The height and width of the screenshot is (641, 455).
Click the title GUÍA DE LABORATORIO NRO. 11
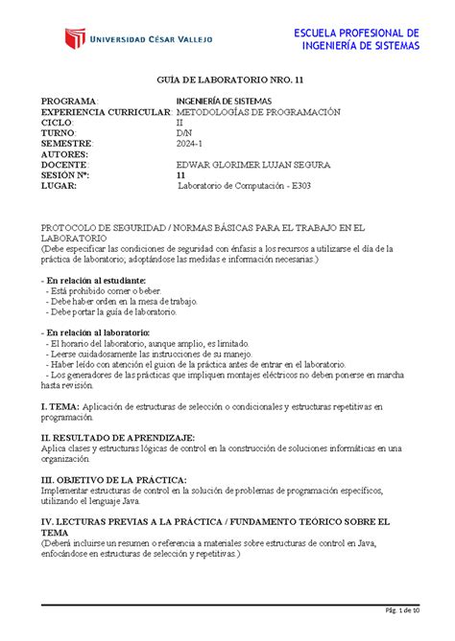[227, 82]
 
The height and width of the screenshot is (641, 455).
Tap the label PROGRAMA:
[68, 102]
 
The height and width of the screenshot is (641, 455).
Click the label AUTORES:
[64, 154]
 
